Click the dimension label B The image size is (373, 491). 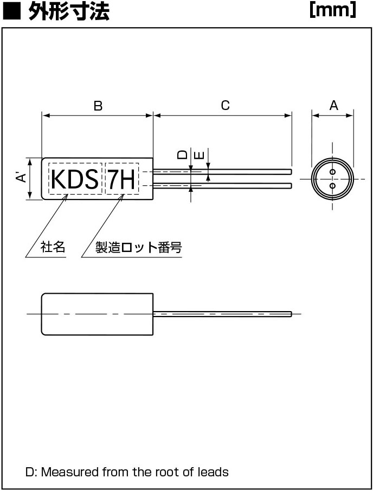click(98, 106)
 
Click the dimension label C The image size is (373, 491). click(225, 105)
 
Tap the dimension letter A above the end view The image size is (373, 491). click(334, 105)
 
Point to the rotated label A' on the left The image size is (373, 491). click(21, 178)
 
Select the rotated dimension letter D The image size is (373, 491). click(182, 154)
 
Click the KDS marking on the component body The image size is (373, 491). click(75, 179)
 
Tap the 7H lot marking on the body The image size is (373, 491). click(121, 179)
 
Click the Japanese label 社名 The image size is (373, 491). click(53, 247)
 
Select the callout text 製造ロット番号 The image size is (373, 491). click(138, 247)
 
